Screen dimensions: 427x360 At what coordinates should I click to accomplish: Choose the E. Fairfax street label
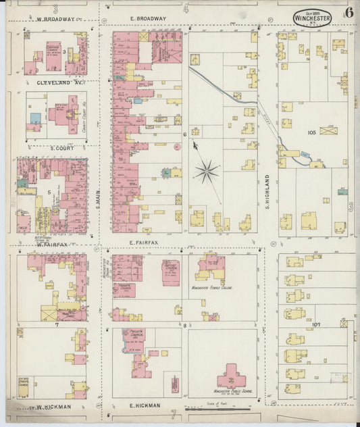pyautogui.click(x=143, y=242)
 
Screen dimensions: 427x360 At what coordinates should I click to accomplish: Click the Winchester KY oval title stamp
pyautogui.click(x=312, y=18)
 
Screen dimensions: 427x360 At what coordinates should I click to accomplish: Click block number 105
pyautogui.click(x=311, y=133)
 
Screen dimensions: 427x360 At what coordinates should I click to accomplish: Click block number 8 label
pyautogui.click(x=184, y=326)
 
